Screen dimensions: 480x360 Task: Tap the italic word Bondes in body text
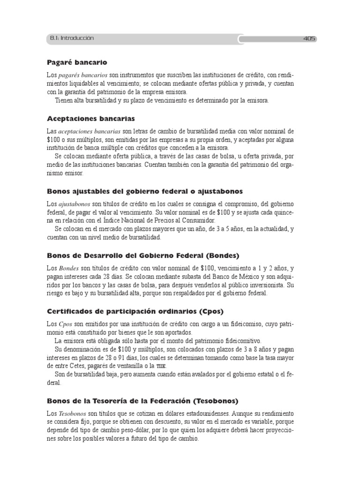(x=69, y=269)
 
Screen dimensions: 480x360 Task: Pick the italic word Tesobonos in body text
(x=73, y=414)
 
